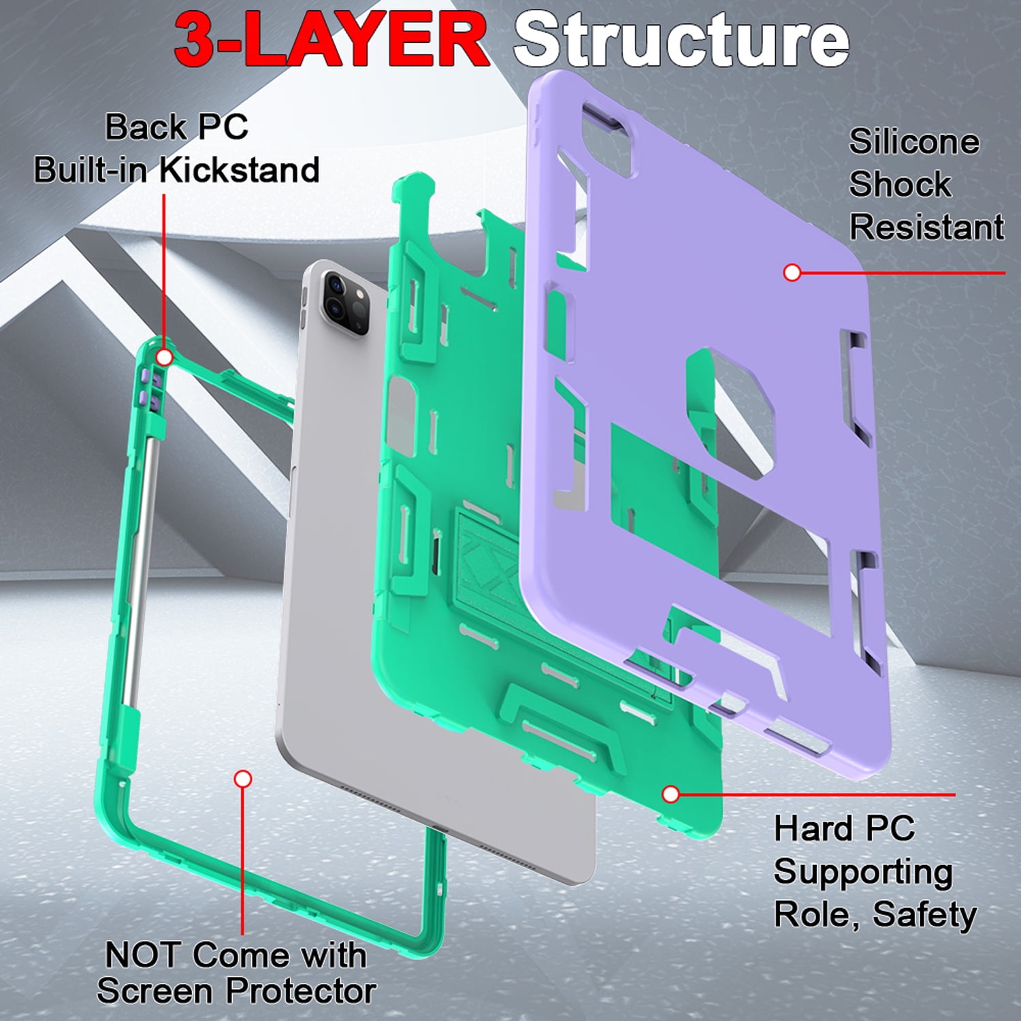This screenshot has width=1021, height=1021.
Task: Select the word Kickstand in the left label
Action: [x=240, y=169]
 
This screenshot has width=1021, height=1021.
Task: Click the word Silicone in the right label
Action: [x=914, y=142]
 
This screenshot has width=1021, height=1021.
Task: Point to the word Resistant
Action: [x=926, y=227]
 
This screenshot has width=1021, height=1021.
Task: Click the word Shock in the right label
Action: [x=900, y=184]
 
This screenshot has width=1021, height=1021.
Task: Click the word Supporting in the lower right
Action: [x=863, y=873]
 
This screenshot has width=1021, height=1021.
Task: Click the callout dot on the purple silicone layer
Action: [x=792, y=273]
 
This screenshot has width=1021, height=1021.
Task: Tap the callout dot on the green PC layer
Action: [x=670, y=794]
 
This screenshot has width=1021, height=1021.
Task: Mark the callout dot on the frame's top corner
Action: [x=164, y=357]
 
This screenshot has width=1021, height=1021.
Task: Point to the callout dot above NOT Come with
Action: [x=243, y=779]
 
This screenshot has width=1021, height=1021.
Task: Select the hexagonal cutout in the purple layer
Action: [x=732, y=412]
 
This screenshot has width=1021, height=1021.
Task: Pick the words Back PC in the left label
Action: [x=176, y=127]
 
